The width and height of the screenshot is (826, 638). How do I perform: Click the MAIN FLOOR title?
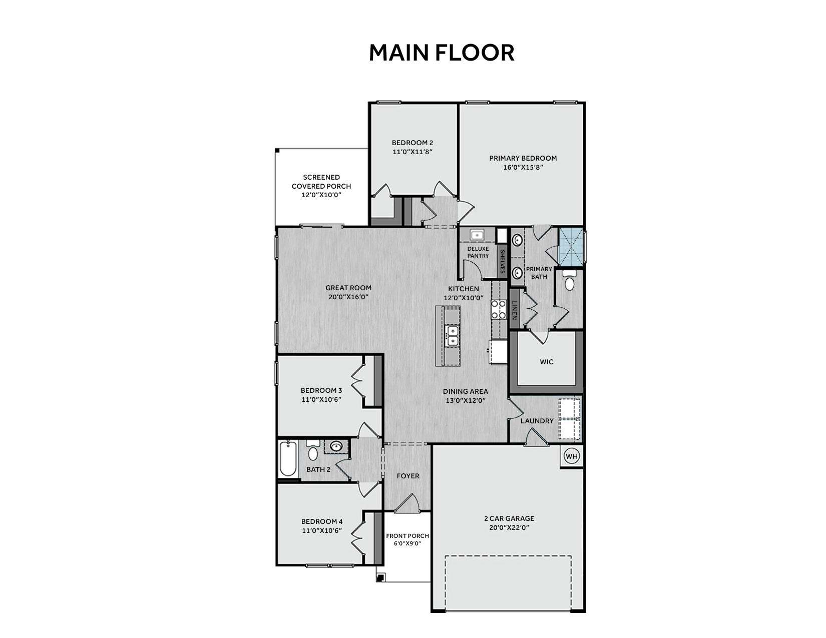(x=442, y=53)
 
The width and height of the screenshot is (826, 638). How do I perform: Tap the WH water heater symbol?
(x=572, y=456)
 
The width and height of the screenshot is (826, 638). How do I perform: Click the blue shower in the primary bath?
(x=571, y=247)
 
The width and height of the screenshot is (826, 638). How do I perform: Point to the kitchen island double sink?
(x=453, y=336)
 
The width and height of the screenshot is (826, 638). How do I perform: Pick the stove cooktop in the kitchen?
(x=498, y=309)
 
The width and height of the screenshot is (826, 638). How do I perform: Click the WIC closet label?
(x=546, y=362)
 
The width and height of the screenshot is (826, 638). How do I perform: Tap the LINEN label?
(x=514, y=310)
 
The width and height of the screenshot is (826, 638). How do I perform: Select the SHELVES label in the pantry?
(x=502, y=261)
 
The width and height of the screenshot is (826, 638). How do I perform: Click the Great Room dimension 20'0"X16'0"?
(x=348, y=297)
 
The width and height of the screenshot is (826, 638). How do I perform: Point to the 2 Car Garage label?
(x=509, y=518)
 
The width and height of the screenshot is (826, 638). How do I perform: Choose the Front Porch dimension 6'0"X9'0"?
(x=407, y=543)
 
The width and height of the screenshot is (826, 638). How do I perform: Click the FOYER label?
(x=408, y=476)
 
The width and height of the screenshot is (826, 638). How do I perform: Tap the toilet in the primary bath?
(x=569, y=281)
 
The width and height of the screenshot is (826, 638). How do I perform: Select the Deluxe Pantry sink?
(x=477, y=235)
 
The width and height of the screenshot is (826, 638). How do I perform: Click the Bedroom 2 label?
(x=412, y=143)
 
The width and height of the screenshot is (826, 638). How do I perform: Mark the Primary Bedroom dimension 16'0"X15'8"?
(x=523, y=168)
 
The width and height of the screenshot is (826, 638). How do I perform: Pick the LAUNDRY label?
(x=537, y=421)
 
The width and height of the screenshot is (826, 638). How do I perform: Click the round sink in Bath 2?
(x=336, y=446)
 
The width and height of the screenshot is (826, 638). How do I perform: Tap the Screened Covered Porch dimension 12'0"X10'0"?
(x=321, y=195)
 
